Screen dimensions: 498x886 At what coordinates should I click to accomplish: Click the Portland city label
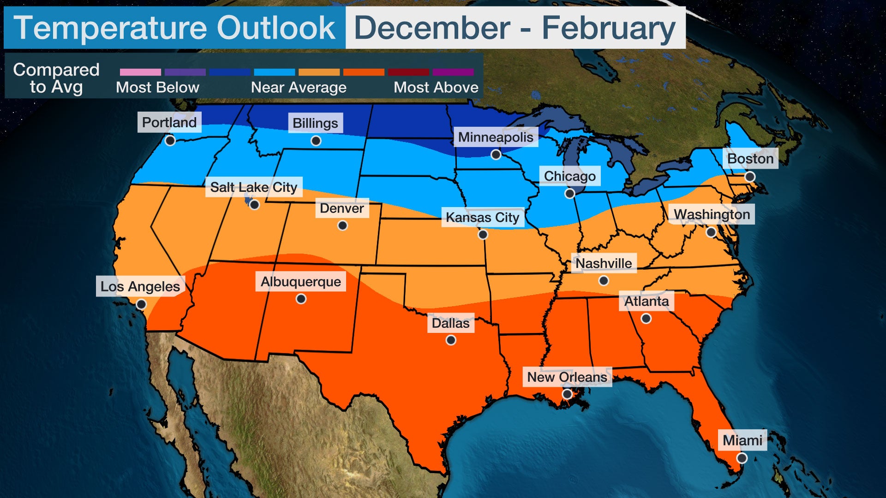169,122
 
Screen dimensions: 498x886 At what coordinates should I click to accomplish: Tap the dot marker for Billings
316,141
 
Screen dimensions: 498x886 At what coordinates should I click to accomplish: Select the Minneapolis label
496,137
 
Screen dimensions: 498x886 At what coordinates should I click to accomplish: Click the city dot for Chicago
570,194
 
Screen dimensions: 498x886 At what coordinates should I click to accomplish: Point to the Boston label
750,159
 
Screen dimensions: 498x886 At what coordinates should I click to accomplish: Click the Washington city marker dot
712,232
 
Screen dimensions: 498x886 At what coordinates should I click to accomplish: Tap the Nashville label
604,263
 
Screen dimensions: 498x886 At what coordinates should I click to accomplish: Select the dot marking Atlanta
646,319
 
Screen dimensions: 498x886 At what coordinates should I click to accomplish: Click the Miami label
742,440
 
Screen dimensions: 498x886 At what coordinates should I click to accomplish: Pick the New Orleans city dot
567,394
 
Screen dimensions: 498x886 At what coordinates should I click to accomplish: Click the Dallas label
450,323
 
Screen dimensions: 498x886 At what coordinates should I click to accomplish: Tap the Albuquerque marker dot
301,299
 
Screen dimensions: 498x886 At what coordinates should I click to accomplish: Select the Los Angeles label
140,286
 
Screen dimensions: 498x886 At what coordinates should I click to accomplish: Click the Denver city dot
342,225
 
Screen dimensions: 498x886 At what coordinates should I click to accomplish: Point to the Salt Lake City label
254,187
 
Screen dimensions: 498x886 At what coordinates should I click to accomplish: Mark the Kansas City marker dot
483,235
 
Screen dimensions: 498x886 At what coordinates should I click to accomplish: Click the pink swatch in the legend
140,72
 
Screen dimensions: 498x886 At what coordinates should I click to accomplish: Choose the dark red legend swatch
408,72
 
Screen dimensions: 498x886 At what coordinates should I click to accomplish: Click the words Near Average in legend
299,87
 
